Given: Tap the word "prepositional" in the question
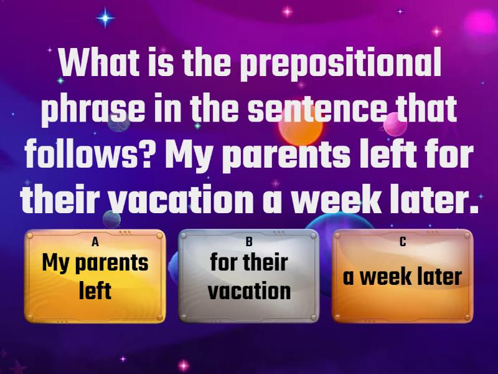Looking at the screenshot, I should pos(341,62).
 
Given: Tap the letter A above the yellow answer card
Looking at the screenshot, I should pos(95,242).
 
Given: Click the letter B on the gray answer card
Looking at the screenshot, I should pos(248,242).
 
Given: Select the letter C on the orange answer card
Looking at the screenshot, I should pos(403,242).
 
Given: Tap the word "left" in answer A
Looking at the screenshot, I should pos(95,290).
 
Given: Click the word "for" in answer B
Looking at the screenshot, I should pos(223,262).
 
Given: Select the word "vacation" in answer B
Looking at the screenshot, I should pos(249,290).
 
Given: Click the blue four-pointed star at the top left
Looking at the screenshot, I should pos(106,18).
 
